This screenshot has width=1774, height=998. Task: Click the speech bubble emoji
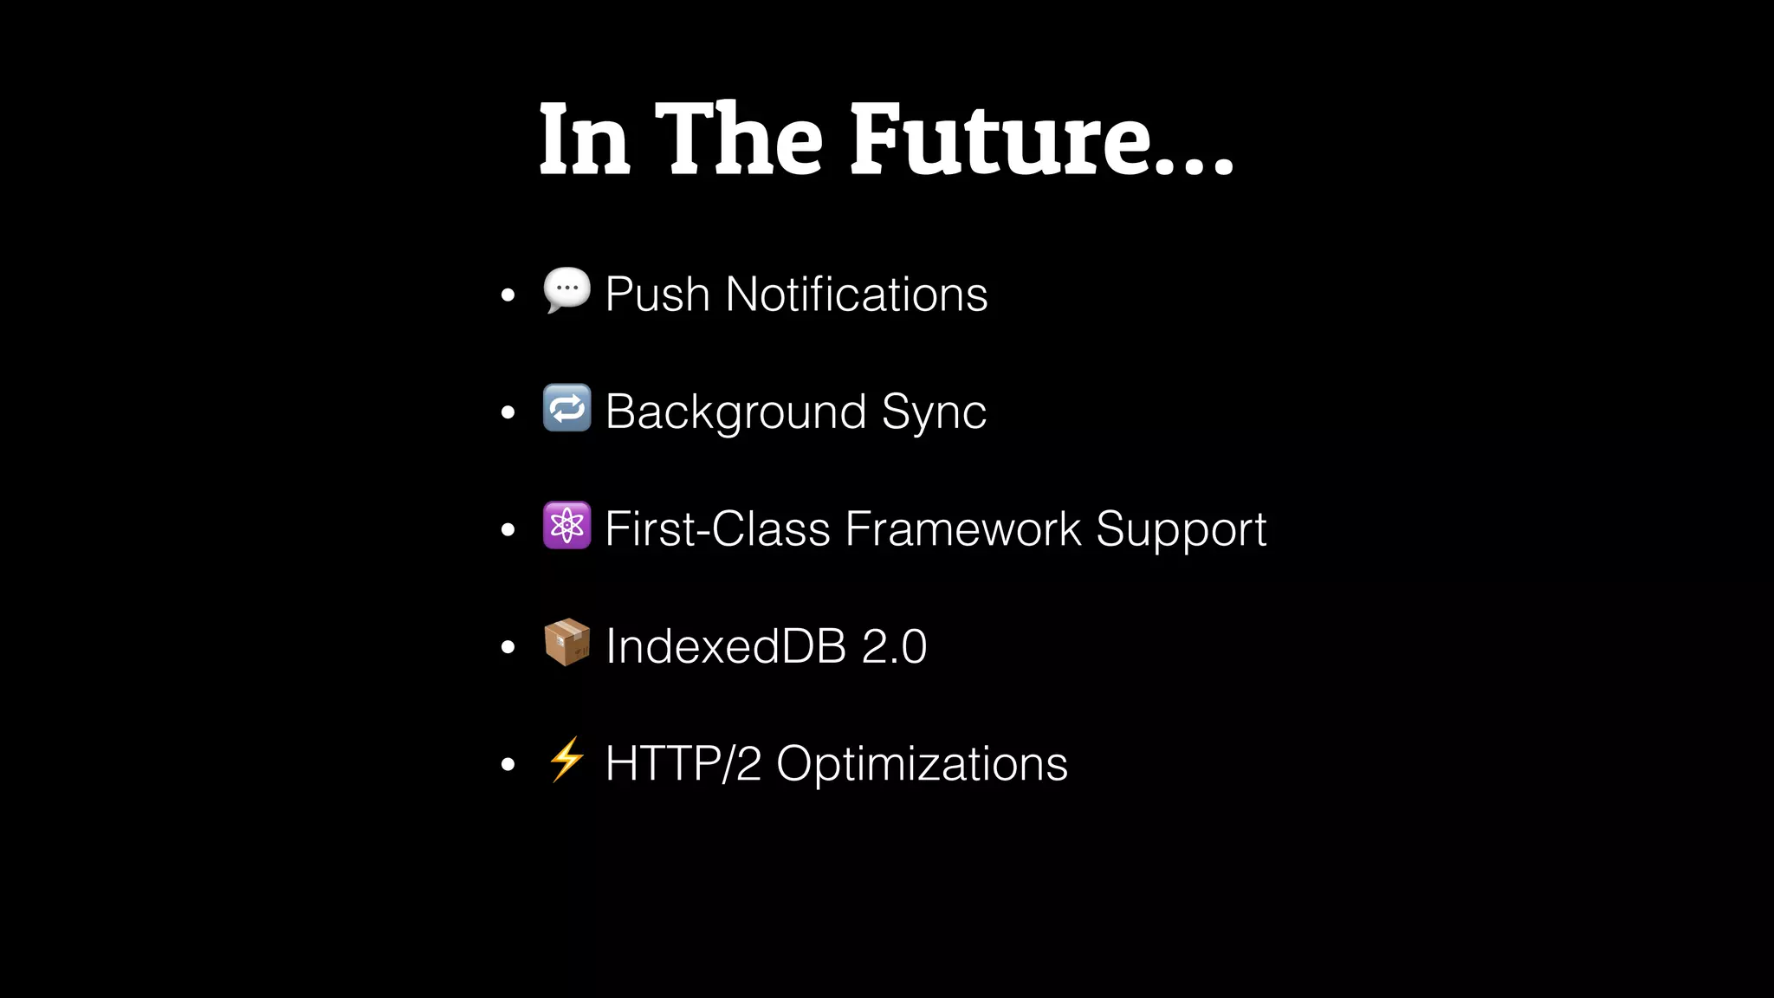(x=567, y=290)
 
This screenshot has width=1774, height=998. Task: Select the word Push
(x=657, y=295)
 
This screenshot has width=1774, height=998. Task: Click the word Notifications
(x=856, y=295)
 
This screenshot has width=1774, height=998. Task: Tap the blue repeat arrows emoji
(x=567, y=408)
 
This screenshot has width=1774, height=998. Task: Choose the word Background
(x=735, y=412)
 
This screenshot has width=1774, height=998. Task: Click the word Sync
(x=934, y=413)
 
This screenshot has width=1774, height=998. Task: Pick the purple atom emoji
(x=567, y=525)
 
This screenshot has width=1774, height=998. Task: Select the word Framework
(x=962, y=528)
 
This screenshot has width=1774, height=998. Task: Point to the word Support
(x=1181, y=530)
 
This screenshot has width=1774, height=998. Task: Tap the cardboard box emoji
(x=567, y=643)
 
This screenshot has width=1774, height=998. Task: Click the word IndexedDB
(x=726, y=646)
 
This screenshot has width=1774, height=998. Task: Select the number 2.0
(x=894, y=646)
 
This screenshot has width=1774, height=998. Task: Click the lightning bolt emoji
(x=567, y=760)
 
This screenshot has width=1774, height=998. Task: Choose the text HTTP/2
(x=683, y=764)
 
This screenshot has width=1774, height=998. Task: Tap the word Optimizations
(x=922, y=765)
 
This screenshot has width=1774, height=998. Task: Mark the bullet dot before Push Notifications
(x=508, y=295)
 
